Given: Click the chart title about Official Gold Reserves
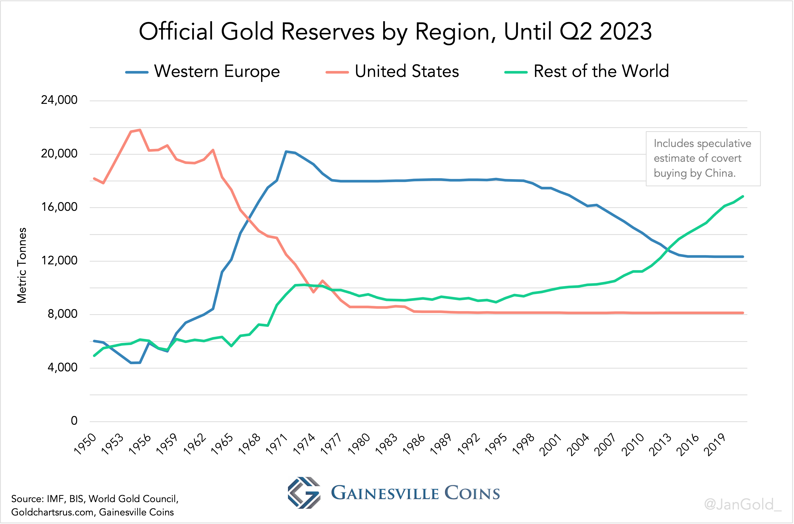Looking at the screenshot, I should (x=395, y=32).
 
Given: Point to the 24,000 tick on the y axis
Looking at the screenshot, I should (x=59, y=100).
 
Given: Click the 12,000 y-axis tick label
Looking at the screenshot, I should (x=59, y=260).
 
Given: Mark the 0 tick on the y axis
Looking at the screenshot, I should (x=74, y=421).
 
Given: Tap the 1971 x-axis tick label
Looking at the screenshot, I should (x=277, y=444).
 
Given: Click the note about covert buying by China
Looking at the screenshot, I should (x=703, y=158).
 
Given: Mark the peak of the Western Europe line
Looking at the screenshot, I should (x=286, y=151).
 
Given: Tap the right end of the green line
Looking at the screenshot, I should (x=743, y=196).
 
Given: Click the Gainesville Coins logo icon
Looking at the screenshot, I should (x=304, y=493).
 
